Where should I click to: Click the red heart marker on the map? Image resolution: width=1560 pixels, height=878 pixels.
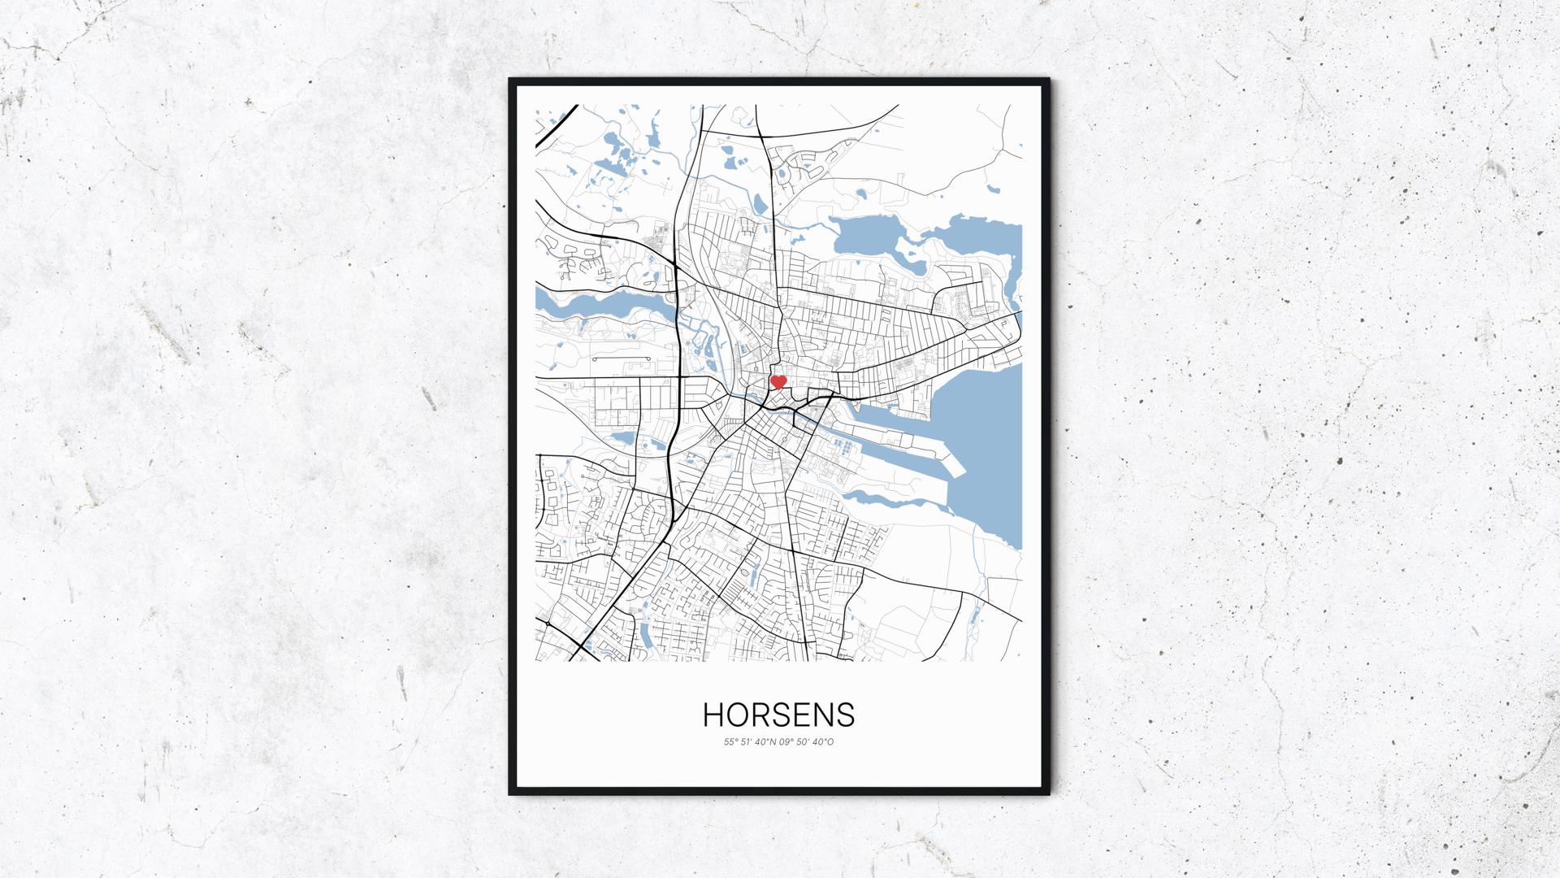(778, 380)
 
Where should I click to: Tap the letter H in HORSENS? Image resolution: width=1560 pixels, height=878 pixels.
(713, 715)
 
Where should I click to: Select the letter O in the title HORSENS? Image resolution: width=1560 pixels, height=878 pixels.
(736, 715)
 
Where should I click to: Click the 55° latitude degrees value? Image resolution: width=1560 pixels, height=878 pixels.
(729, 741)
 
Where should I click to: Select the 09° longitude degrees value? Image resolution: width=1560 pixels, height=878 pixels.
(785, 741)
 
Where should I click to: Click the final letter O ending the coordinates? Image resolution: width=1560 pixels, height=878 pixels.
(830, 741)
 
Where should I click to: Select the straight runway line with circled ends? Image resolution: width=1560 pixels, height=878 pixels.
(621, 359)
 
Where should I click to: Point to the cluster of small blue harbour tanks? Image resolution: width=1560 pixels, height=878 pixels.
(844, 446)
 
